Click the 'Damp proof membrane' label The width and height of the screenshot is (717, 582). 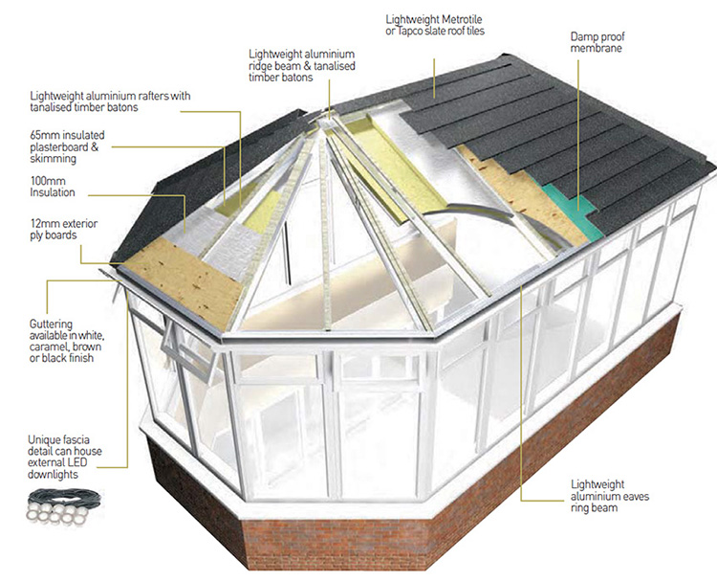(x=597, y=42)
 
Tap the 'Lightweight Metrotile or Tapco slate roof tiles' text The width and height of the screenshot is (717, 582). (x=435, y=25)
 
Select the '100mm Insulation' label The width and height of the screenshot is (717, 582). (x=53, y=187)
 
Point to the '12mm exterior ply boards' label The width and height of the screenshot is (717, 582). (x=63, y=230)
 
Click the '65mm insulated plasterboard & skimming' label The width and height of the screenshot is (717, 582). (x=67, y=147)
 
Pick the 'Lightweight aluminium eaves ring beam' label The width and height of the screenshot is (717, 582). (x=610, y=496)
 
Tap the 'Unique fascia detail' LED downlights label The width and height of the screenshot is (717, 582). (x=64, y=457)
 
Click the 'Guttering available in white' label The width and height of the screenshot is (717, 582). (x=67, y=341)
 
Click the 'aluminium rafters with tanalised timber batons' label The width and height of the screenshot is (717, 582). (x=110, y=101)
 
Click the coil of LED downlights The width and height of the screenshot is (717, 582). (x=63, y=505)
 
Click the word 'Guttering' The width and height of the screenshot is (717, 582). (x=51, y=324)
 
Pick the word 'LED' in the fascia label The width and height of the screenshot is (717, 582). (x=76, y=462)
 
